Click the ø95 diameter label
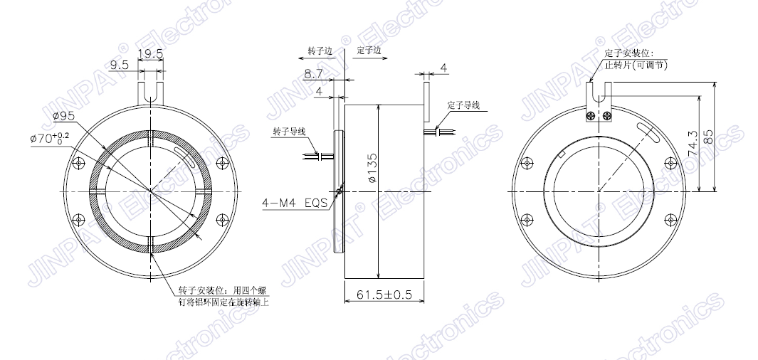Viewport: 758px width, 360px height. tap(64, 115)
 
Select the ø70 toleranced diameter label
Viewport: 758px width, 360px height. tap(49, 138)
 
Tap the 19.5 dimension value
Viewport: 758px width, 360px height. tap(150, 53)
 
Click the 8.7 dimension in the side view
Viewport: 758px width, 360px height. tap(313, 74)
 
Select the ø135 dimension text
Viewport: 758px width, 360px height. tap(372, 168)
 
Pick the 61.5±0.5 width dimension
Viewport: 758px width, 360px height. tap(384, 295)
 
